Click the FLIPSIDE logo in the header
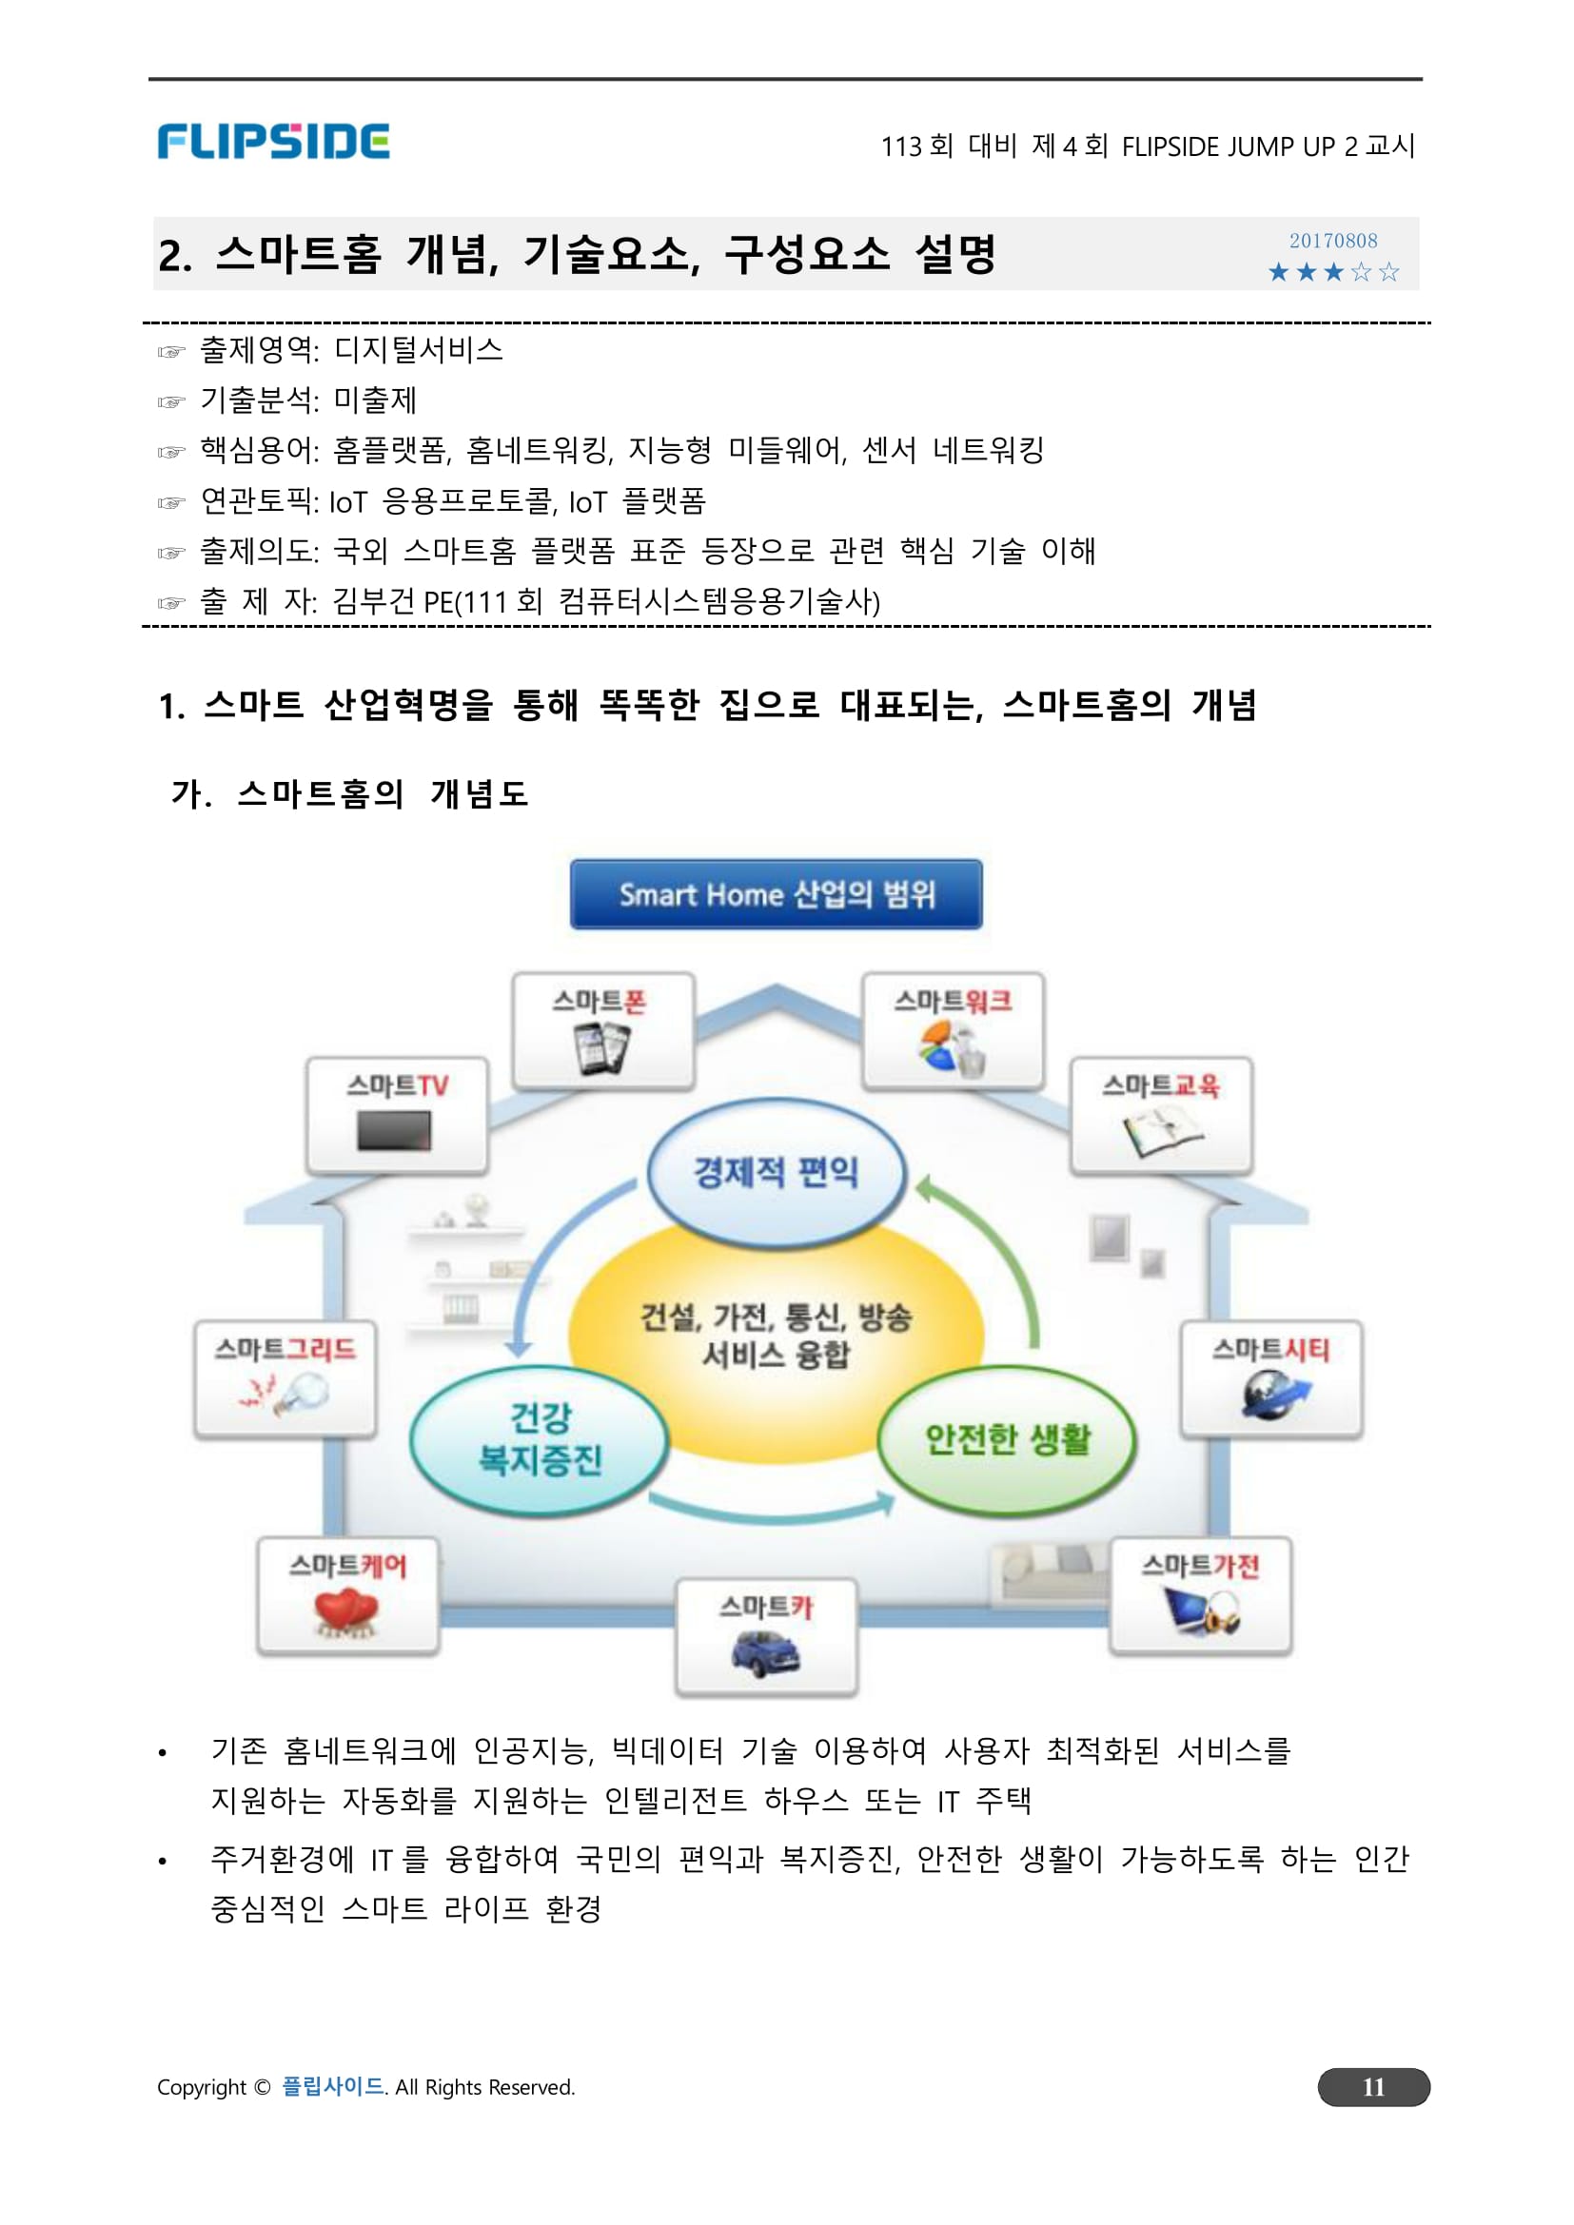click(273, 142)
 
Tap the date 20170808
click(1332, 241)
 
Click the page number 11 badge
click(1372, 2086)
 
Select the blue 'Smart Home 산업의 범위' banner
click(776, 893)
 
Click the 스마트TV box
click(398, 1115)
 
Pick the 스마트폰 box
click(602, 1031)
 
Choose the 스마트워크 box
click(953, 1031)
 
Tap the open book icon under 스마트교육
click(1161, 1132)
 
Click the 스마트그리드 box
click(285, 1378)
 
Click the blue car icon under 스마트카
click(766, 1653)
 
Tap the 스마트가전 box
click(1200, 1595)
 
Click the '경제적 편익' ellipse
click(776, 1173)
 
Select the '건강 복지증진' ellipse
click(540, 1440)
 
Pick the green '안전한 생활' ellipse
click(1007, 1440)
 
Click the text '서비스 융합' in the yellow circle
click(776, 1355)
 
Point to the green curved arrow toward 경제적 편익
click(998, 1250)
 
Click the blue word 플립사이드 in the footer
click(332, 2086)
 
